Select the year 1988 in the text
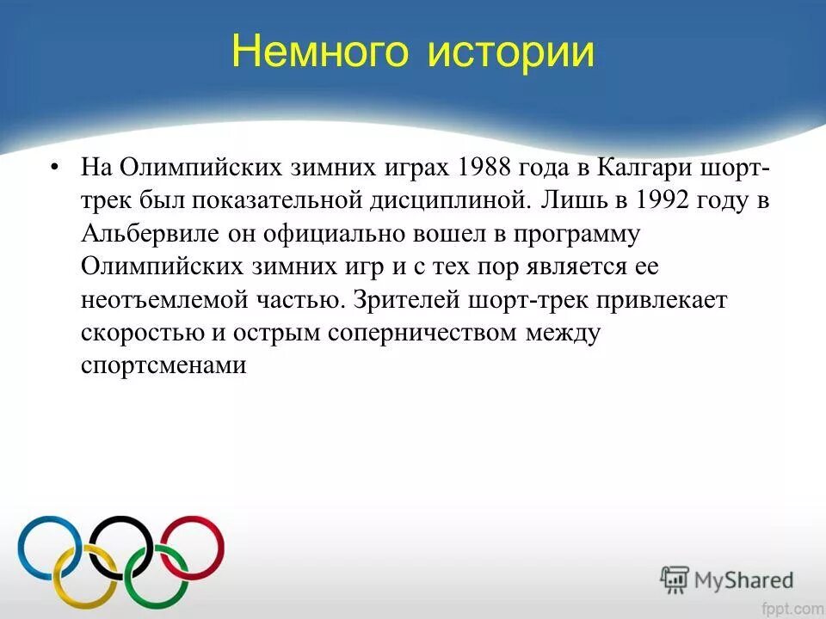coord(490,167)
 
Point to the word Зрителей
coord(404,301)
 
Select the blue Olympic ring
coord(49,548)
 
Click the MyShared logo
coord(727,579)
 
